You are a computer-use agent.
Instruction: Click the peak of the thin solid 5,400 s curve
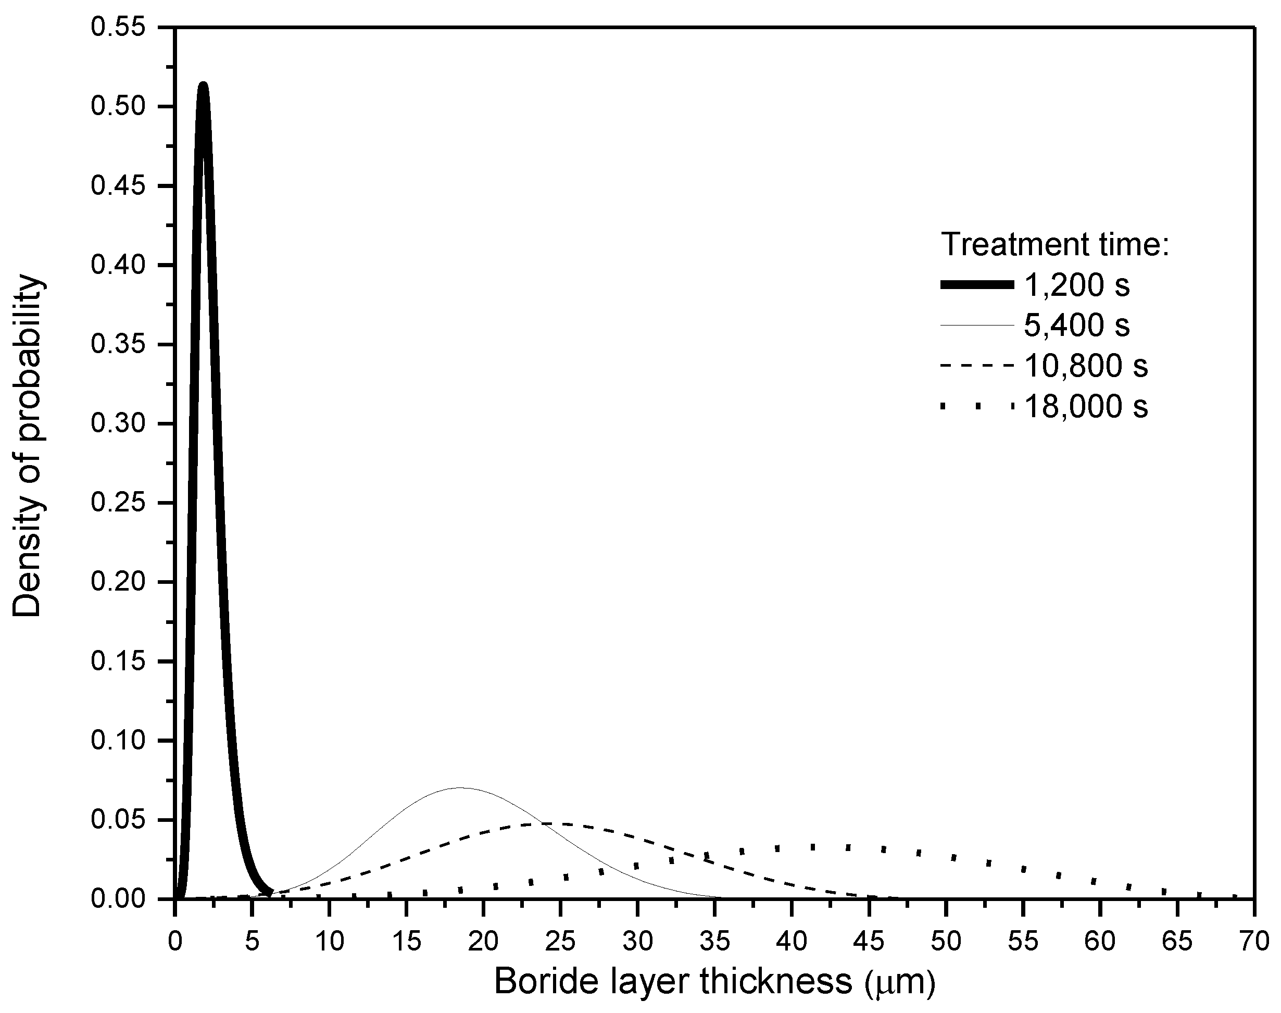tap(461, 787)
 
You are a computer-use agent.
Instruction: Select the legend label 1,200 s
tap(1076, 285)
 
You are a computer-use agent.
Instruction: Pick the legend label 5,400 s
tap(1076, 325)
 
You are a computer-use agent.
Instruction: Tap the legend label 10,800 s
tap(1085, 366)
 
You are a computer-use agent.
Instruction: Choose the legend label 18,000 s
tap(1085, 406)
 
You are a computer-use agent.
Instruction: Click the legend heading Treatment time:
tap(1055, 244)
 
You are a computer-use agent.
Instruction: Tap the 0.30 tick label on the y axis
tap(118, 423)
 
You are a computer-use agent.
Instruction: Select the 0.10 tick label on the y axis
tap(118, 740)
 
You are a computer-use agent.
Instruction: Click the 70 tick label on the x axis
tap(1254, 942)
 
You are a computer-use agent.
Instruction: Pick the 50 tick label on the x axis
tap(946, 942)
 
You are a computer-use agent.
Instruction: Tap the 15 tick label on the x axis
tap(406, 942)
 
